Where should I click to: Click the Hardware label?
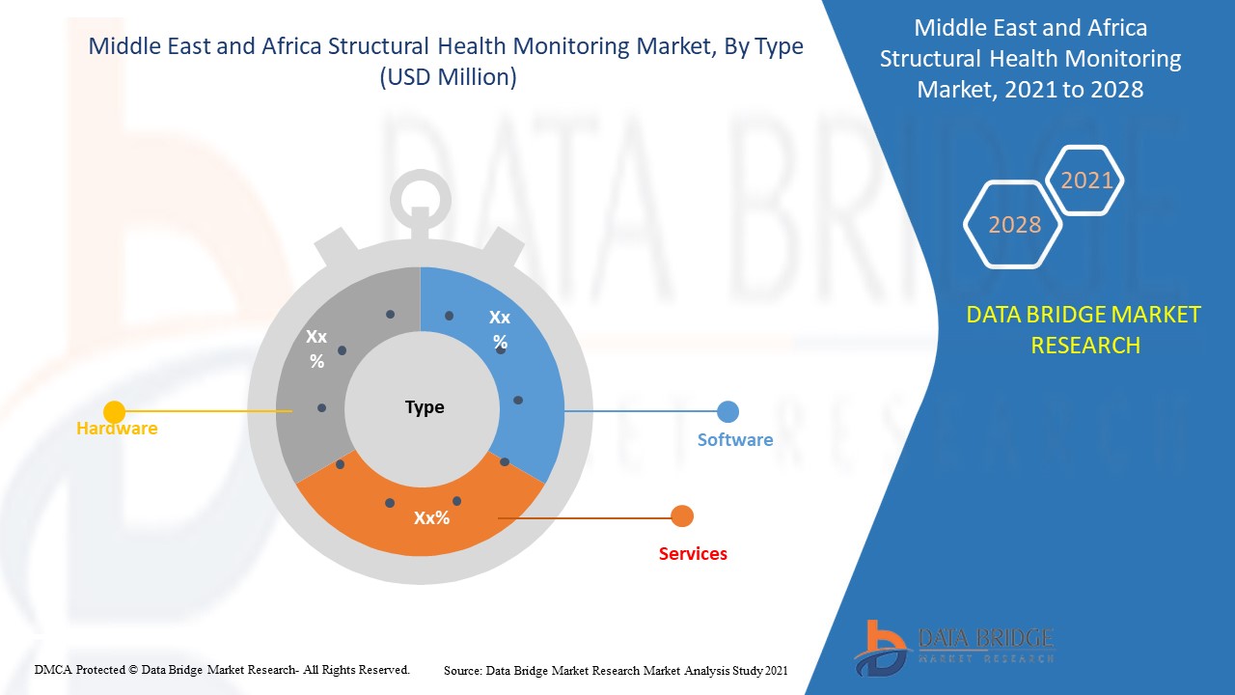coord(117,428)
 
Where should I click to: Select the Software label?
coord(735,440)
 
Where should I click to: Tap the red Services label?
coord(693,553)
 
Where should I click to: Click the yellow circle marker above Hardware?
coord(114,412)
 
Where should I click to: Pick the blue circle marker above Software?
coord(728,411)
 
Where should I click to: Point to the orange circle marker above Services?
coord(682,516)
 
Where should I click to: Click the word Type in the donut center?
coord(425,406)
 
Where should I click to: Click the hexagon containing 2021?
coord(1086,181)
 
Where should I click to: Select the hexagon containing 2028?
coord(1014,225)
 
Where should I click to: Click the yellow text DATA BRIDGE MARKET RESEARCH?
coord(1084,329)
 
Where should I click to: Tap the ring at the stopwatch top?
coord(420,194)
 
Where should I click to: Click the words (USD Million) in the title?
coord(448,78)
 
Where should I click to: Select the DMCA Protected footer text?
coord(222,669)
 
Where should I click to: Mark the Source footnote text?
coord(616,669)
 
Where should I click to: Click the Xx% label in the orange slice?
coord(432,517)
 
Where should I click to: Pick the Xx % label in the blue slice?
coord(500,329)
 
